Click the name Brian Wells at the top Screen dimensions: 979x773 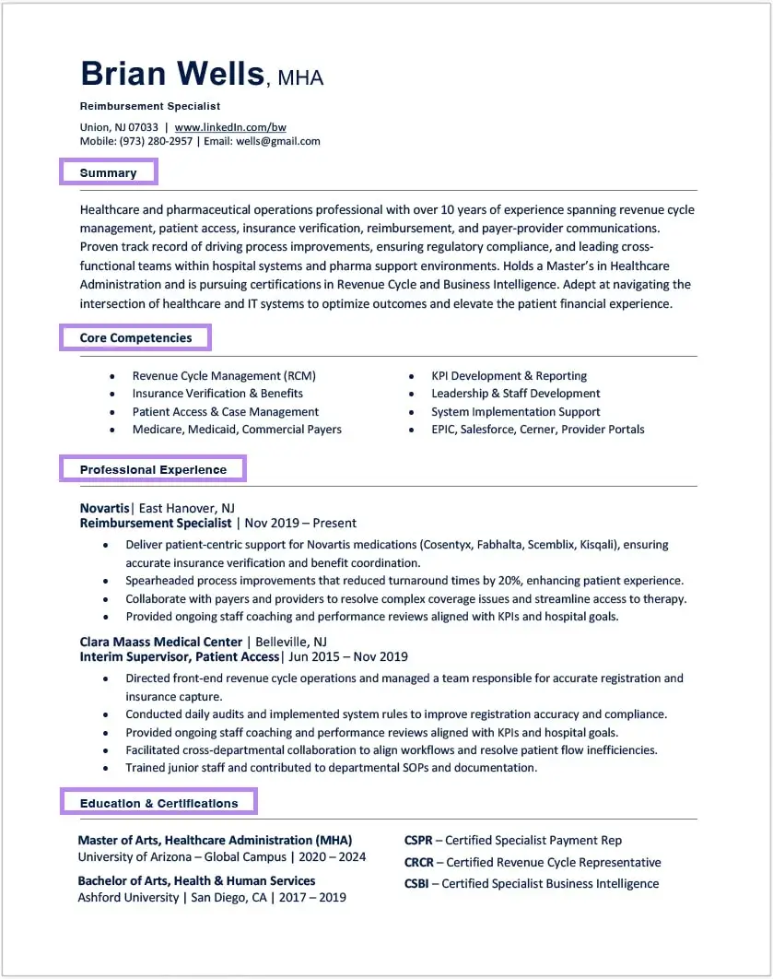(172, 73)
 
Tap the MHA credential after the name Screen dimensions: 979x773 (300, 78)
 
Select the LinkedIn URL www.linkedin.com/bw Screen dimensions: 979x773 (230, 127)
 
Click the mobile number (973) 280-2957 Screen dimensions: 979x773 (157, 141)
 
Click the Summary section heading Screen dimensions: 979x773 (108, 172)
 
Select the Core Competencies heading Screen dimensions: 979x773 (135, 337)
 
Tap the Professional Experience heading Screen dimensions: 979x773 (153, 469)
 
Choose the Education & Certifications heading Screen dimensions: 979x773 (158, 803)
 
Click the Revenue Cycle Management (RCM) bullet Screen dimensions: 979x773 (224, 376)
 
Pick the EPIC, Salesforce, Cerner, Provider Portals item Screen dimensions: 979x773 (537, 430)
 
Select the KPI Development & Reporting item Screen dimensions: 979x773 (509, 376)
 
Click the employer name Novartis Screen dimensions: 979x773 (105, 508)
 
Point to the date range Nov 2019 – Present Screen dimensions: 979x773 (300, 523)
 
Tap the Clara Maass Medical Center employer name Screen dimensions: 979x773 (161, 642)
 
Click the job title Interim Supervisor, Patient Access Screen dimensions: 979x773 (180, 656)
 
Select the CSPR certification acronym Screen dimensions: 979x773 (418, 840)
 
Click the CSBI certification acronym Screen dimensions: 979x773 (417, 883)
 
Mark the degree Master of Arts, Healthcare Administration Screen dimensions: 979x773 (214, 840)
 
